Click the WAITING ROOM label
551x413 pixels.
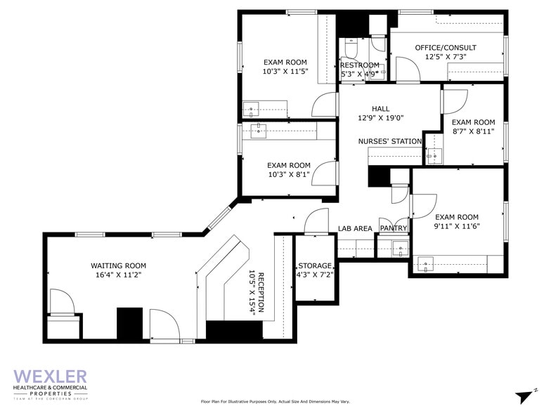[118, 265]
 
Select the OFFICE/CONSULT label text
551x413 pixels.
[440, 48]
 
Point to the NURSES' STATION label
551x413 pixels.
[390, 141]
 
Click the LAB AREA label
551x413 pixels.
[355, 228]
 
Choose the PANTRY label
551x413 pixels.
[394, 228]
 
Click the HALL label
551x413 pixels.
[380, 108]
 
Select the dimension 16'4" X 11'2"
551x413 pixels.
[118, 276]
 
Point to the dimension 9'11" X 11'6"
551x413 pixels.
[457, 228]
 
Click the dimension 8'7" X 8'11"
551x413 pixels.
[474, 131]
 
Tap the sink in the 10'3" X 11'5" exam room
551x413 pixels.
[252, 109]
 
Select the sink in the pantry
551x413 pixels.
[399, 247]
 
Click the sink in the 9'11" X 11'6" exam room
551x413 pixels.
[426, 264]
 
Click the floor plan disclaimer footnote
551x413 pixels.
[275, 402]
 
